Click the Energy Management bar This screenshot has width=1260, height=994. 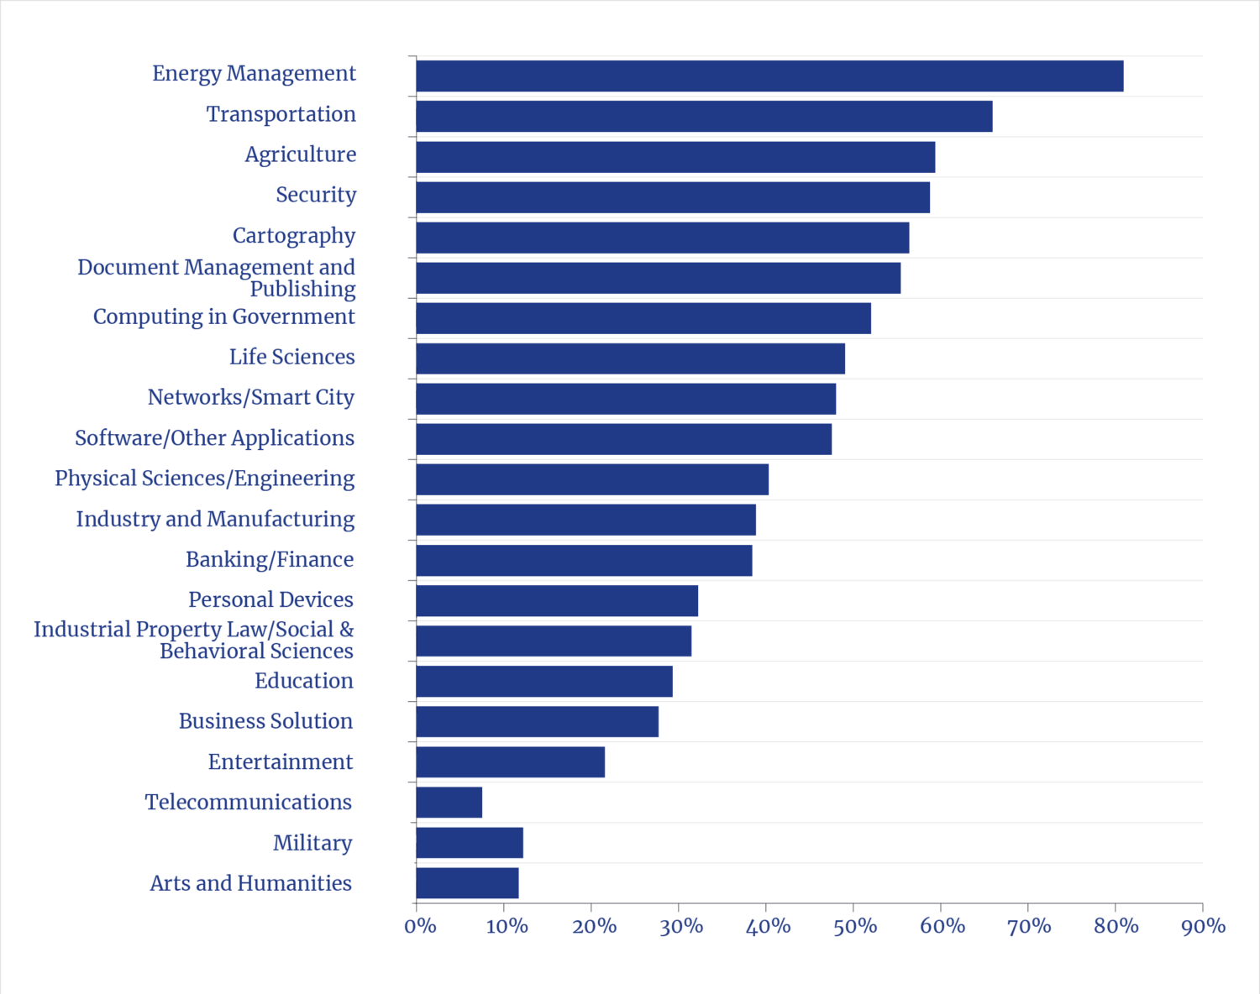769,76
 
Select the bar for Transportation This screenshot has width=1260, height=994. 704,116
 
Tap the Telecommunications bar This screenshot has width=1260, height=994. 449,802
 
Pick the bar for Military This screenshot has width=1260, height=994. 470,842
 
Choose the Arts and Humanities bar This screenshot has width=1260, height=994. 467,882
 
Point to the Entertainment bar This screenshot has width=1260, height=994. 511,761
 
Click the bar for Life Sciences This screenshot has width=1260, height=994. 631,358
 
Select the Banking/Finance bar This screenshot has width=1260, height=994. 584,560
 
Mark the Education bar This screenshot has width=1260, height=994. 544,681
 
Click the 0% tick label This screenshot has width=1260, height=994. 420,926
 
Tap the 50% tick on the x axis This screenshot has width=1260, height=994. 855,926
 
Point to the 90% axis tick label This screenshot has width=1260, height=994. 1204,926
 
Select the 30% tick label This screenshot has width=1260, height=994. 681,926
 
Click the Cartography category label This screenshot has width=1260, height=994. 294,236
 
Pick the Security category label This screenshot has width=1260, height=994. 316,195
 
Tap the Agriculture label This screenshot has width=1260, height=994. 300,154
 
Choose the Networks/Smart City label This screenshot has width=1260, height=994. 251,397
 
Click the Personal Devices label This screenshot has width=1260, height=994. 270,599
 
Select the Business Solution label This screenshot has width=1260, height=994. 265,721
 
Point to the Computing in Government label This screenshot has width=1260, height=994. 224,317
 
